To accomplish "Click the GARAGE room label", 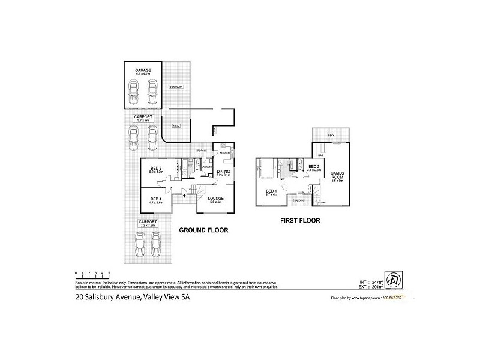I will click(x=143, y=70).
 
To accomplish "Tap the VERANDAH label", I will click(x=175, y=87).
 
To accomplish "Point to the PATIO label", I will click(x=176, y=125).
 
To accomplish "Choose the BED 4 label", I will click(x=155, y=199).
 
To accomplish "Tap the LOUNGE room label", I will click(x=216, y=199).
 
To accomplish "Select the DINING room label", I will click(x=223, y=172).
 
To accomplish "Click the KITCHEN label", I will click(x=224, y=153).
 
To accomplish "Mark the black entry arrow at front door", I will click(x=185, y=195).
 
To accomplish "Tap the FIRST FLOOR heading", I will click(x=300, y=221).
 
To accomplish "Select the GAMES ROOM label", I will click(x=336, y=175).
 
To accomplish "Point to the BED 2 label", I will click(x=313, y=167).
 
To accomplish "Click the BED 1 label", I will click(x=272, y=191).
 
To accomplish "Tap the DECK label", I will click(x=331, y=136).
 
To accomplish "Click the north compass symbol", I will click(x=394, y=280).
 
